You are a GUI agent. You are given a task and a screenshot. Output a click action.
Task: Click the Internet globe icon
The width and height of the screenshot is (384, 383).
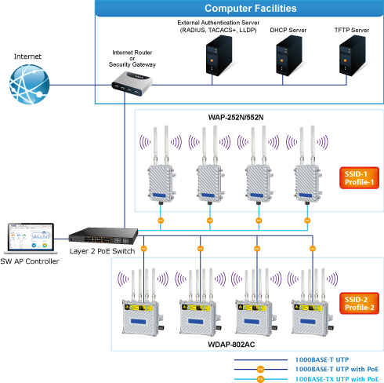click(29, 84)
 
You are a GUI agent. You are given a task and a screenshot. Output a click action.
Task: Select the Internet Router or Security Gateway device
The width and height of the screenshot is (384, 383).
click(132, 84)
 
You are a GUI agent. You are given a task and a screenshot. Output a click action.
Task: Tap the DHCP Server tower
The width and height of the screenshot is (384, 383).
click(289, 56)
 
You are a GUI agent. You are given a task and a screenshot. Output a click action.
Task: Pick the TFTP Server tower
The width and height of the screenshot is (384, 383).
click(353, 56)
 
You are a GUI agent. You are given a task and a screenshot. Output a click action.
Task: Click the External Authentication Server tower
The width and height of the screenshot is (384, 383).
click(219, 56)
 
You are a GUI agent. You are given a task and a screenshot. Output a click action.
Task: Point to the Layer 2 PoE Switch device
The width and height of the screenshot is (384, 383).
click(103, 235)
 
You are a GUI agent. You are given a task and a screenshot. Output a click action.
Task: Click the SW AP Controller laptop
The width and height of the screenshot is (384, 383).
click(31, 238)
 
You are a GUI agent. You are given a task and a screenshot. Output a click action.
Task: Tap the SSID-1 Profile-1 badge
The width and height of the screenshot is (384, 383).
click(359, 178)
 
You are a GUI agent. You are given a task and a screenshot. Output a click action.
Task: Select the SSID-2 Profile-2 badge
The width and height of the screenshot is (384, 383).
click(359, 304)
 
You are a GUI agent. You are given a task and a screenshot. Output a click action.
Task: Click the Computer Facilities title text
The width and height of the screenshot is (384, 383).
click(251, 9)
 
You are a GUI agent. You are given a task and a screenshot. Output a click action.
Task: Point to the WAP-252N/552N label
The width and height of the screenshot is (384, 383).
click(236, 118)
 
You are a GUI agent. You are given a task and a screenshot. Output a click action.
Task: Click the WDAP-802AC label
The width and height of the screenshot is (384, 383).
click(231, 345)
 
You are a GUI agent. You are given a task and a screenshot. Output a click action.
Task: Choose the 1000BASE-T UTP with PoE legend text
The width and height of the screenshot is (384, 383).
click(337, 369)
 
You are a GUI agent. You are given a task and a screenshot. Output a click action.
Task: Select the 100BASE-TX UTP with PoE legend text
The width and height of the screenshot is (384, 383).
click(337, 379)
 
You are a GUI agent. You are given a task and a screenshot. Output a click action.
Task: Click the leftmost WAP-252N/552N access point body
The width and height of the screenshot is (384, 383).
click(161, 184)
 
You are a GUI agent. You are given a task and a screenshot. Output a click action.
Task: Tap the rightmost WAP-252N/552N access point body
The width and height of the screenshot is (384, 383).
click(308, 184)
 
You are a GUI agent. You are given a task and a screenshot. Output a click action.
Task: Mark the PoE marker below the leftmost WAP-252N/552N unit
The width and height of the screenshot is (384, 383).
click(161, 221)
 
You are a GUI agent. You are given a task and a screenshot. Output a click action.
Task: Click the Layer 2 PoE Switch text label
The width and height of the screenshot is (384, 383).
click(103, 251)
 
